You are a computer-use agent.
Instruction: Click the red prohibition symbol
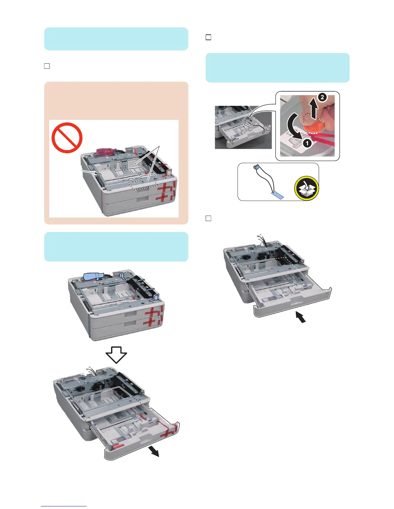pos(67,138)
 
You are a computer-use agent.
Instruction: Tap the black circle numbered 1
pos(307,143)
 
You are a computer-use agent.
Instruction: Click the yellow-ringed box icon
pos(306,188)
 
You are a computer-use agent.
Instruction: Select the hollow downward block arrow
pos(116,354)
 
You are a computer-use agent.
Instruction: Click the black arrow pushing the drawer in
pos(300,318)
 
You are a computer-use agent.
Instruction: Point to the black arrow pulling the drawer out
pos(155,452)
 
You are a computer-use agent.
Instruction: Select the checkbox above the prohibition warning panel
pos(47,66)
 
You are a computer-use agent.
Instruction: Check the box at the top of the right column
pos(208,37)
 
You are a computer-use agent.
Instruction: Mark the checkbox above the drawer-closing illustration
pos(208,219)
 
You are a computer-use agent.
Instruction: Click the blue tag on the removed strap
pos(277,195)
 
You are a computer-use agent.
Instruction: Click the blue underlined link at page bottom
pos(64,506)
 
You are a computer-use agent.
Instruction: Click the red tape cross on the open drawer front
pos(169,431)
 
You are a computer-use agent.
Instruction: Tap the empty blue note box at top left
pos(116,39)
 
